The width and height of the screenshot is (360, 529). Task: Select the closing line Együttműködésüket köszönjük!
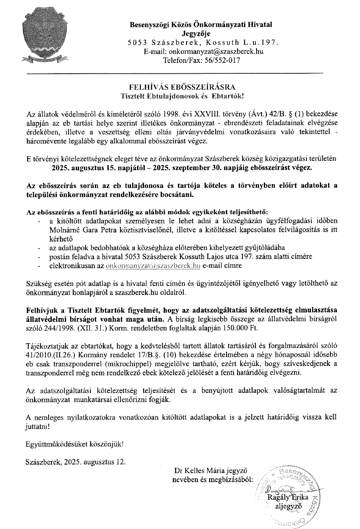tap(74, 443)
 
